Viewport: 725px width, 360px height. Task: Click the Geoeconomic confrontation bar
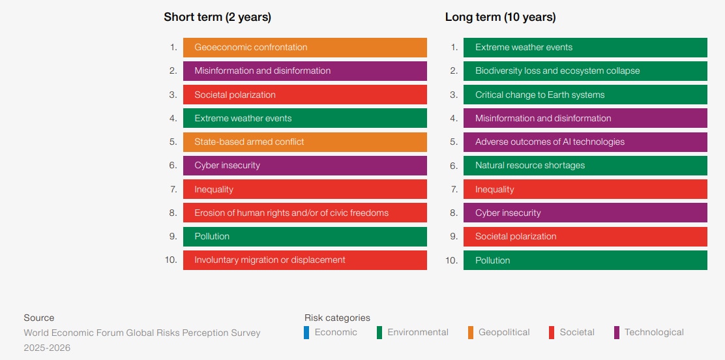tap(304, 48)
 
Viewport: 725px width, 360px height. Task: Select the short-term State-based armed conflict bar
tap(304, 142)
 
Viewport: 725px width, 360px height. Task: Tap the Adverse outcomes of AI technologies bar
tap(585, 142)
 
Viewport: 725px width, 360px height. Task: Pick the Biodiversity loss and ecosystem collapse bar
tap(585, 71)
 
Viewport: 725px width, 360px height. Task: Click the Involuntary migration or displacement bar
tap(304, 260)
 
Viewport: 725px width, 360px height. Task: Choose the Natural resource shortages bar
tap(585, 166)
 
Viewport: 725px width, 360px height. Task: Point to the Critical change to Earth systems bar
tap(585, 95)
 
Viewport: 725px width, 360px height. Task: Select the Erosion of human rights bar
tap(304, 213)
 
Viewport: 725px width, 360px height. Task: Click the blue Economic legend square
tap(306, 333)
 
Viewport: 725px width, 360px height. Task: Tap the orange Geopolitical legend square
tap(471, 333)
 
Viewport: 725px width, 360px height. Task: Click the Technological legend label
tap(654, 333)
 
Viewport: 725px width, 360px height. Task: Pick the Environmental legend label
tap(418, 333)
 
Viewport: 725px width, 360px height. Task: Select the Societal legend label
tap(577, 333)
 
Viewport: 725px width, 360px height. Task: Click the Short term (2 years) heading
tap(217, 17)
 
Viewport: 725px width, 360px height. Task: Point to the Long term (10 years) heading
tap(500, 17)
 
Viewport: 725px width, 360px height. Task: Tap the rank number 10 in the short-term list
tap(171, 260)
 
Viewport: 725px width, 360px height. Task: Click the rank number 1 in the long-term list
tap(454, 48)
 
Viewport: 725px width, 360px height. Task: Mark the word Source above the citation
tap(39, 318)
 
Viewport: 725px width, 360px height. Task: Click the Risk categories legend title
tap(337, 318)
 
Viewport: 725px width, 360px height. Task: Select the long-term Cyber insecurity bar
tap(585, 213)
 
